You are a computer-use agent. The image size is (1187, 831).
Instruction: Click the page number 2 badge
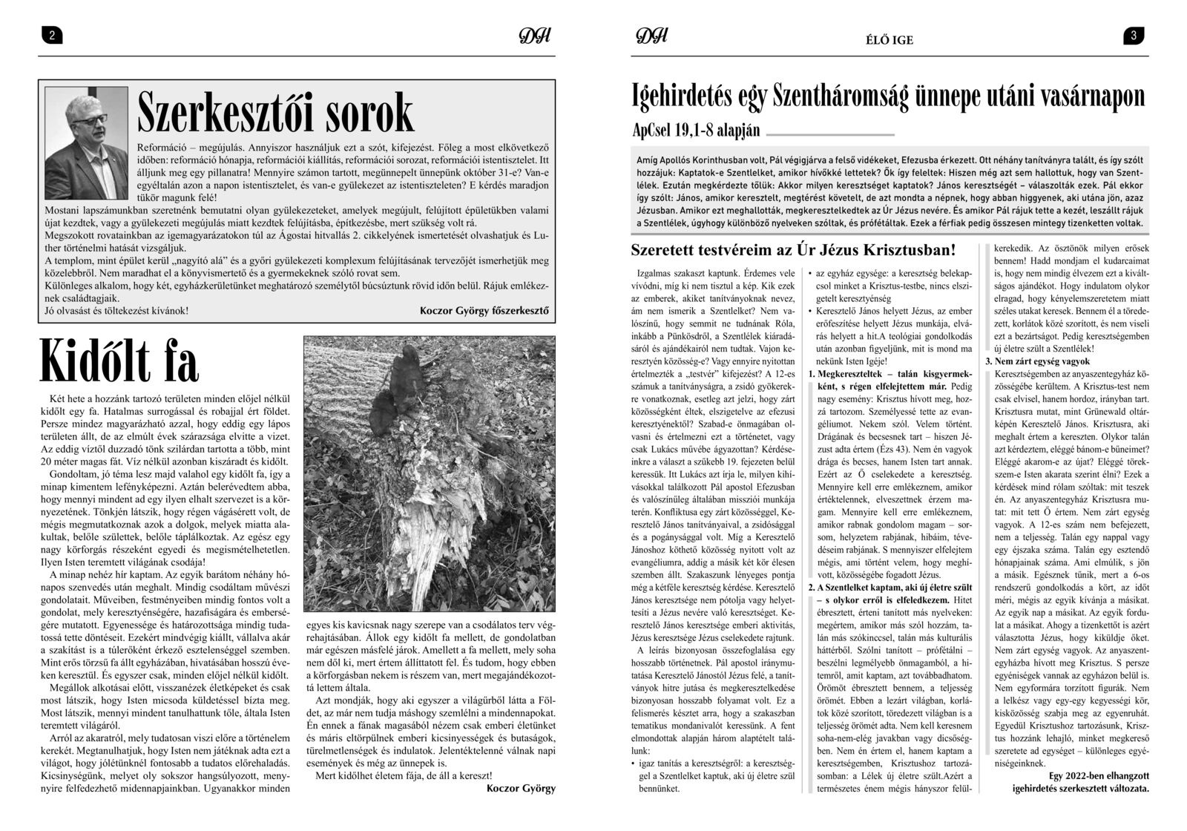click(x=50, y=36)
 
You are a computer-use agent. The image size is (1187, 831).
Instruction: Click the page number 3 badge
click(x=1135, y=36)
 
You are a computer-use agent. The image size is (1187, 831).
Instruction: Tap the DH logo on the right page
click(x=652, y=36)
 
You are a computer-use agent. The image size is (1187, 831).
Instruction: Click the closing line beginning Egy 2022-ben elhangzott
click(x=1098, y=797)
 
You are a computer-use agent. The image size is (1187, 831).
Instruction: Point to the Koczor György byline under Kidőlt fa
click(x=521, y=809)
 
